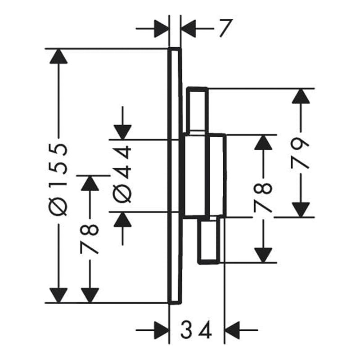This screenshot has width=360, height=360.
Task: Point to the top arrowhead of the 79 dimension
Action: click(x=302, y=97)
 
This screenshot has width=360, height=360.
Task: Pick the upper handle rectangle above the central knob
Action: click(x=198, y=110)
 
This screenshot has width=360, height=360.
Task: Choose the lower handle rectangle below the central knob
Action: click(x=210, y=240)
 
